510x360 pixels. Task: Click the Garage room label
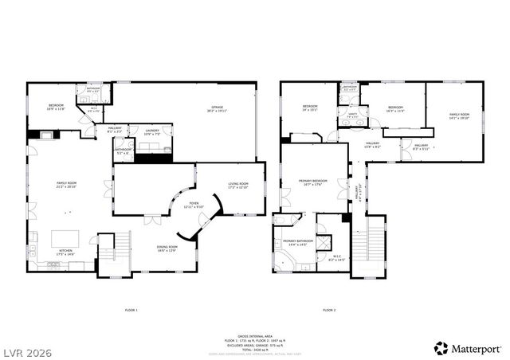tap(217, 108)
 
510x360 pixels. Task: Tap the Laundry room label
tap(151, 132)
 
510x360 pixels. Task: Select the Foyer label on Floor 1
tap(194, 205)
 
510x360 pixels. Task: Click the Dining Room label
tap(167, 248)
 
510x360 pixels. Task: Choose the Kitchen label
tap(65, 252)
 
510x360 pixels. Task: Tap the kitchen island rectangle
tap(66, 238)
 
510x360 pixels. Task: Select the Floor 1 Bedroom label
tap(56, 107)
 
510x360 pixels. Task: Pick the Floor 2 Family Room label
tap(459, 116)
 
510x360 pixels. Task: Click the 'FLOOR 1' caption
tap(131, 309)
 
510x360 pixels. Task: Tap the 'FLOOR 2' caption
tap(329, 309)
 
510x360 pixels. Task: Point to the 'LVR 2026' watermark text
tap(28, 348)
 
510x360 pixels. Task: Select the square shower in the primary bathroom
tap(328, 225)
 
